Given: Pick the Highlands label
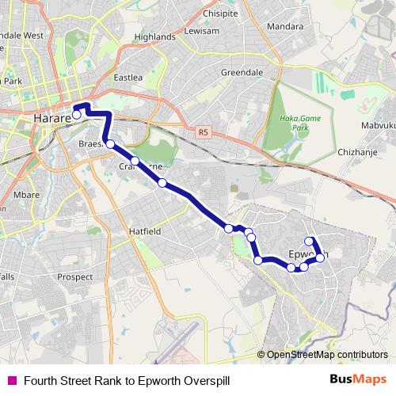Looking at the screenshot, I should click(154, 36).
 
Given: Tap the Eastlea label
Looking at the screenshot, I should click(128, 78).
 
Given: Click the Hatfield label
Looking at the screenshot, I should click(145, 231).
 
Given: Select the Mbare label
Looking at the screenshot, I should click(27, 194).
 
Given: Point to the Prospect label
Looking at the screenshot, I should click(75, 278).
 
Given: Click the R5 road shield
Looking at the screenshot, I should click(204, 132).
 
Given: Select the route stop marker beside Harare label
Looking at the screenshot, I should click(77, 115).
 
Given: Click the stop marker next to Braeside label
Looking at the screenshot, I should click(110, 143).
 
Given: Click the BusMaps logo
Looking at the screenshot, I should click(358, 379).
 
